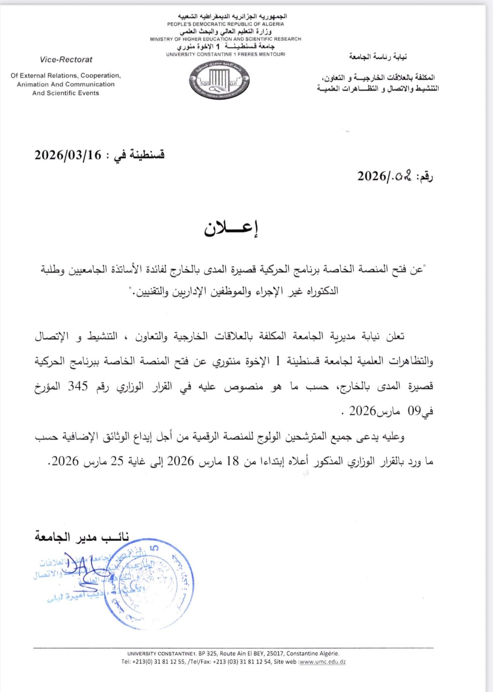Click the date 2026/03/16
68,155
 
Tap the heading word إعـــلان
231,229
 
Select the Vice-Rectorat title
66,60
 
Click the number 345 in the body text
78,386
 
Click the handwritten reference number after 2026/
403,177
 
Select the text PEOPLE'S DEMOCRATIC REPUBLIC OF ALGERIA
225,24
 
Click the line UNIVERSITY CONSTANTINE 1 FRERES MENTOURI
225,54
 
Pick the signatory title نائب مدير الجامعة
82,537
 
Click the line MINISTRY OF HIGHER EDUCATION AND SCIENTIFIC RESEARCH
225,39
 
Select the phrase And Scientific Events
66,93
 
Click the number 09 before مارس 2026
414,411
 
